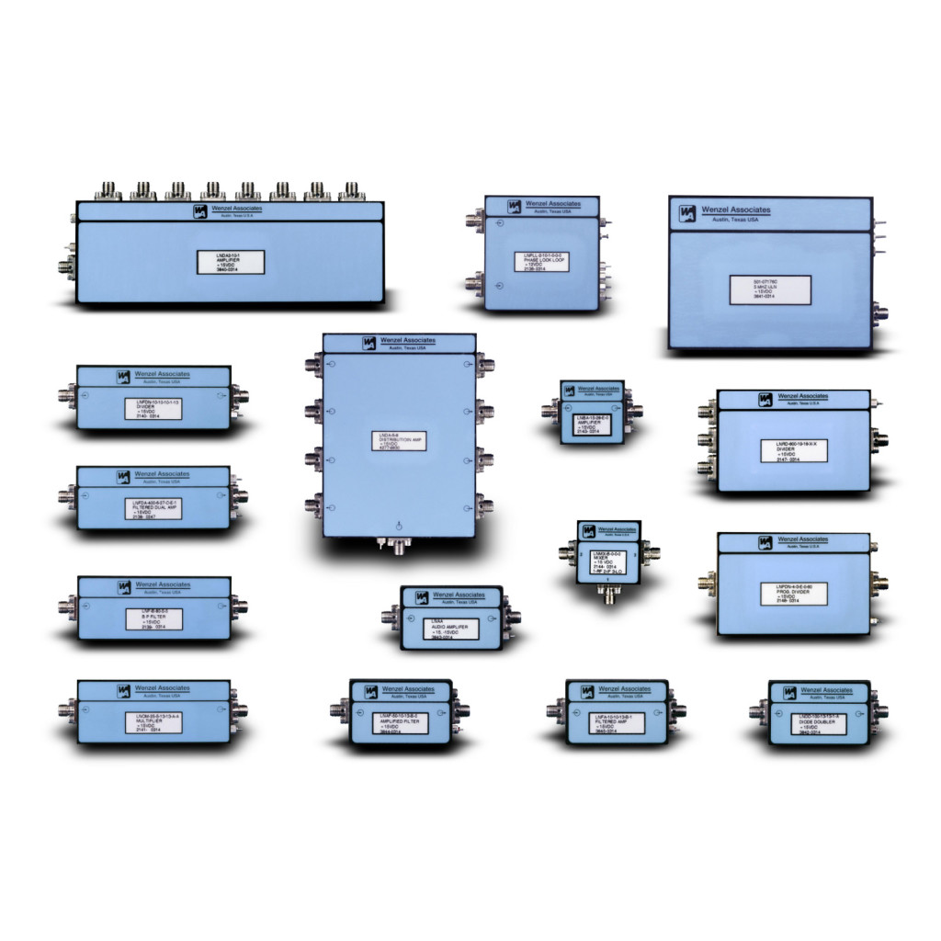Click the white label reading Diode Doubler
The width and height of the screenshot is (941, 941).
point(818,723)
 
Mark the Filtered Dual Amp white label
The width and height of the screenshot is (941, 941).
point(153,509)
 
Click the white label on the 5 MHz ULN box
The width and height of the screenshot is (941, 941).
point(770,289)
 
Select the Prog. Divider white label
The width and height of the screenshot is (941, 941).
point(795,594)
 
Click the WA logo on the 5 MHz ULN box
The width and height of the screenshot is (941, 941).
point(687,214)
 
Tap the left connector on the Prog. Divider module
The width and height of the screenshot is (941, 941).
point(708,583)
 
